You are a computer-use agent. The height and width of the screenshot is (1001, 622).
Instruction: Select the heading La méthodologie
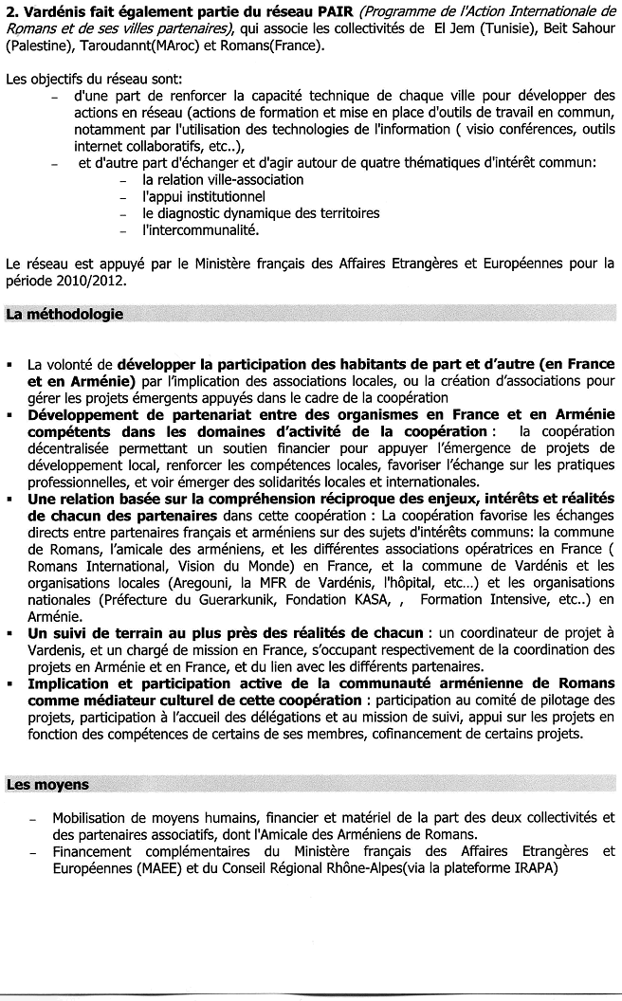pos(64,314)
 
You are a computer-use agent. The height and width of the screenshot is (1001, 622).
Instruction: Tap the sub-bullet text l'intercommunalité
pos(200,229)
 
